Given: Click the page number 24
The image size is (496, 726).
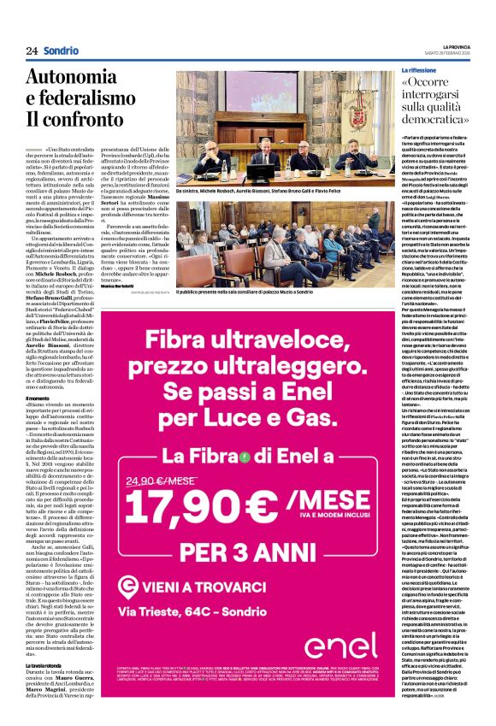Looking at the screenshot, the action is [32, 50].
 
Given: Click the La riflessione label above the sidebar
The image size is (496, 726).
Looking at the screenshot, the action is [419, 68].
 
